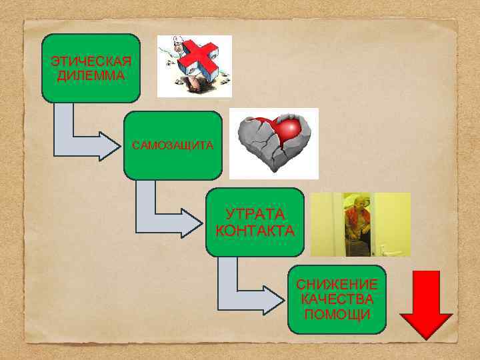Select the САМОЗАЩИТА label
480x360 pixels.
172,145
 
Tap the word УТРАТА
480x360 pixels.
255,215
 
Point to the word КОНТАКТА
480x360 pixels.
255,231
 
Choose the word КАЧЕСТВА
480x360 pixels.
337,299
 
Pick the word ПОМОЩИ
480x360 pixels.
337,313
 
